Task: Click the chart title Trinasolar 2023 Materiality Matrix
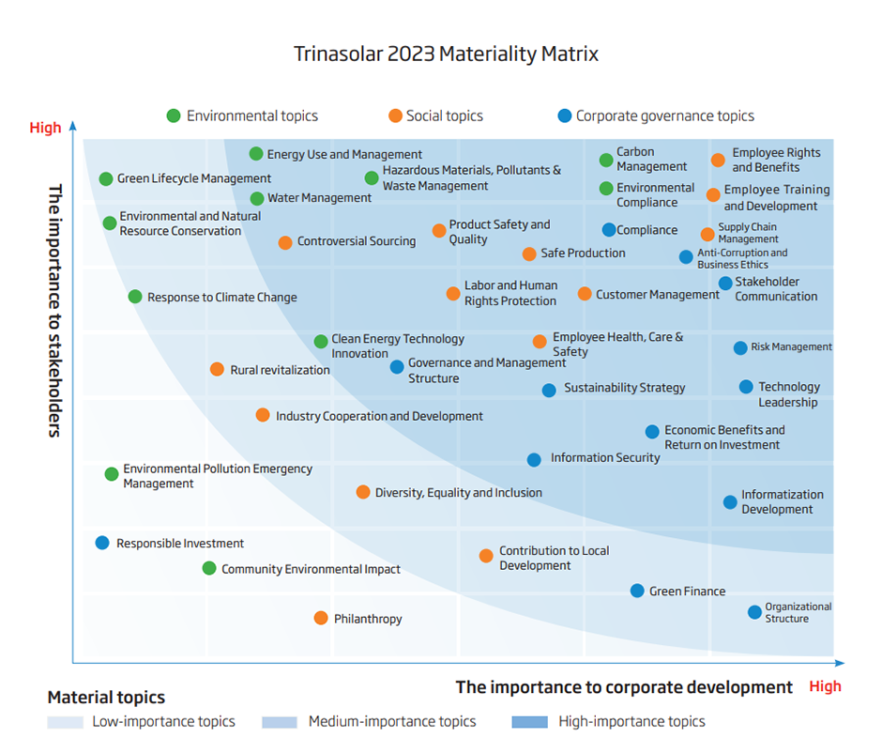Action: pos(446,54)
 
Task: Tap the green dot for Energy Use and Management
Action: pos(256,154)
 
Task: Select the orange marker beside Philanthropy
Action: pos(321,618)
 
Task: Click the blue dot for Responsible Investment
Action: pos(102,543)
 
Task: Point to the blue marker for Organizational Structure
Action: pos(754,612)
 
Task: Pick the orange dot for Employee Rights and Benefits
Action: pos(718,161)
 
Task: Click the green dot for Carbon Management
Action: pos(606,161)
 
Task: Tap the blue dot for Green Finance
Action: pos(637,591)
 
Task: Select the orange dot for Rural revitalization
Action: pos(217,369)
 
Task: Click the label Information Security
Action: pos(605,458)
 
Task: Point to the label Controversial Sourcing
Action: pos(357,241)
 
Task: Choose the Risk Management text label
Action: pos(791,347)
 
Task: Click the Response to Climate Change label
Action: pos(221,298)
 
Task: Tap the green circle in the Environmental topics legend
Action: pos(174,116)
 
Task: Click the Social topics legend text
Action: pos(444,116)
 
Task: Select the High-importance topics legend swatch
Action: pos(529,722)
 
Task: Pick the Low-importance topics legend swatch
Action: pos(65,722)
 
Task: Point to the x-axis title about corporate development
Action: pos(624,687)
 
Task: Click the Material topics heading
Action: pos(106,698)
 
